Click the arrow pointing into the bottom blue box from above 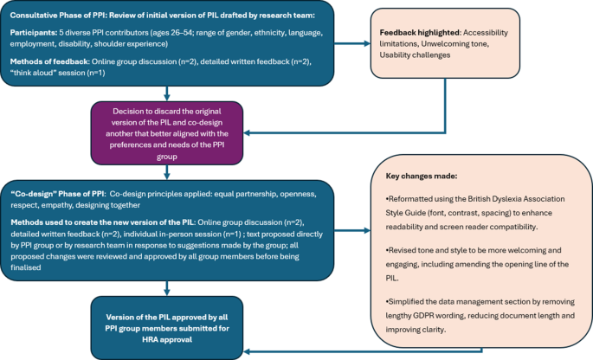[166, 290]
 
